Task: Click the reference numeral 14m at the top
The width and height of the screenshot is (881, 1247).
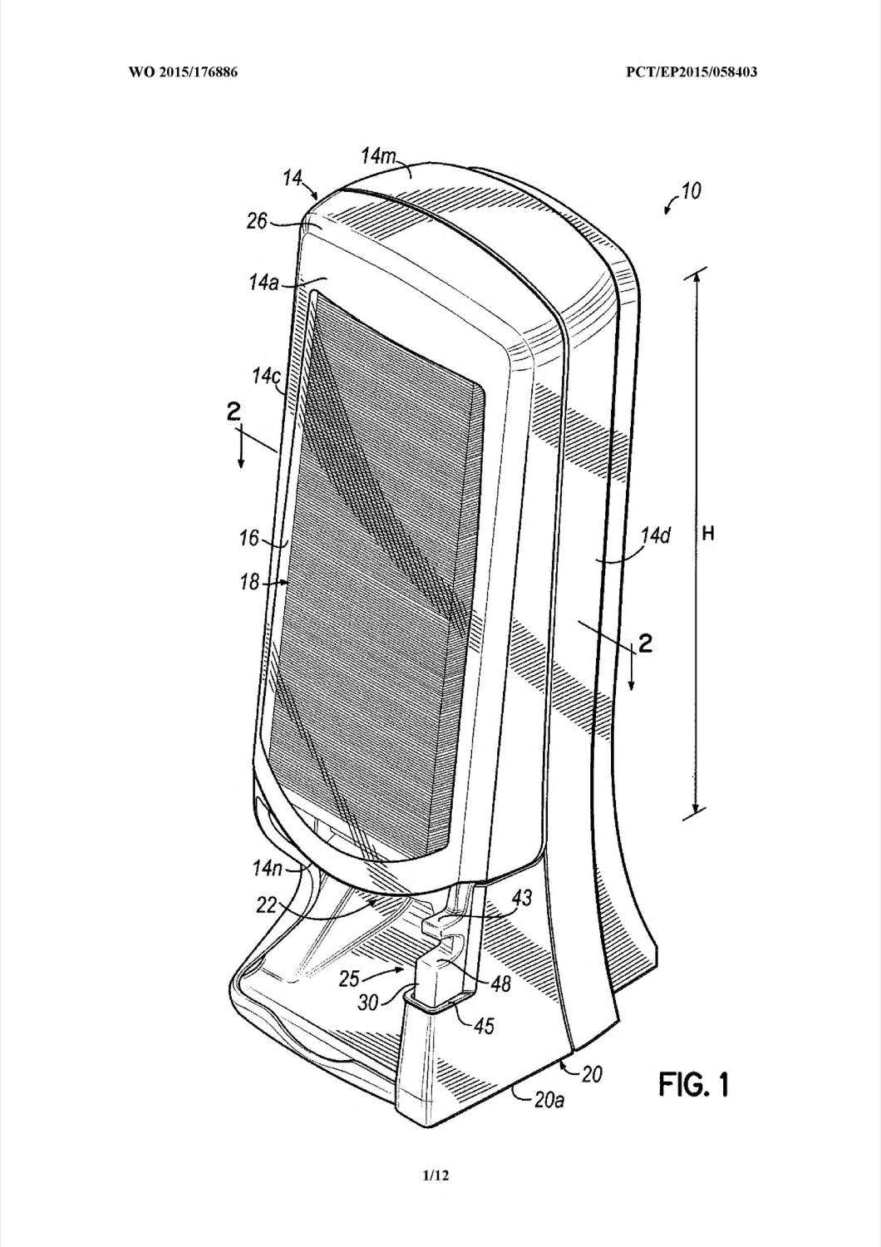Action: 378,155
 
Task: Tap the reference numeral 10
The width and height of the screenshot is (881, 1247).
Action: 691,191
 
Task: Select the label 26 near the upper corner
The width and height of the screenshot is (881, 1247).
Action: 257,222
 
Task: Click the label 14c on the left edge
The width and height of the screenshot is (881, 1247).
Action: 265,377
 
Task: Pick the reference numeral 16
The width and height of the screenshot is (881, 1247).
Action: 250,539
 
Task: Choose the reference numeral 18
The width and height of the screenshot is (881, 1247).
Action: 250,582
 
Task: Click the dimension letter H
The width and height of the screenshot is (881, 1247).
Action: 708,535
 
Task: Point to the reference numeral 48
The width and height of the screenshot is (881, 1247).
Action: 500,984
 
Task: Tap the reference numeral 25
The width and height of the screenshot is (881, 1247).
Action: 350,978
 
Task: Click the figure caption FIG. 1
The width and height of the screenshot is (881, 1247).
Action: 694,1084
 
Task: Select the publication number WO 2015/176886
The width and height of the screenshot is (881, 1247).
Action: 183,71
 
